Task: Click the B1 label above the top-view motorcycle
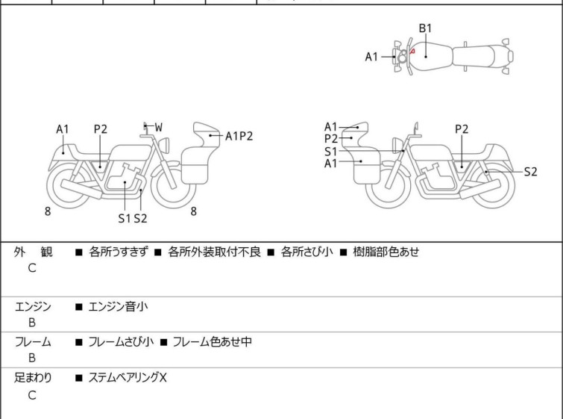425,28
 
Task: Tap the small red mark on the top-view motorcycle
412,52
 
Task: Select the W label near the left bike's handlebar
158,128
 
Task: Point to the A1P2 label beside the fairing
239,136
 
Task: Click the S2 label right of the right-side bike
530,172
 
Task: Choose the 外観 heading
33,252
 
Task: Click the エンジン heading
33,306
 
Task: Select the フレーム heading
33,342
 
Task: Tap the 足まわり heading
33,378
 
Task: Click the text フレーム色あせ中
212,342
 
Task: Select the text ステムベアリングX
128,378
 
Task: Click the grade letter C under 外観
32,269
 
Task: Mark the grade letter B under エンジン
32,323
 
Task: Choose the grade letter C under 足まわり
32,395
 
